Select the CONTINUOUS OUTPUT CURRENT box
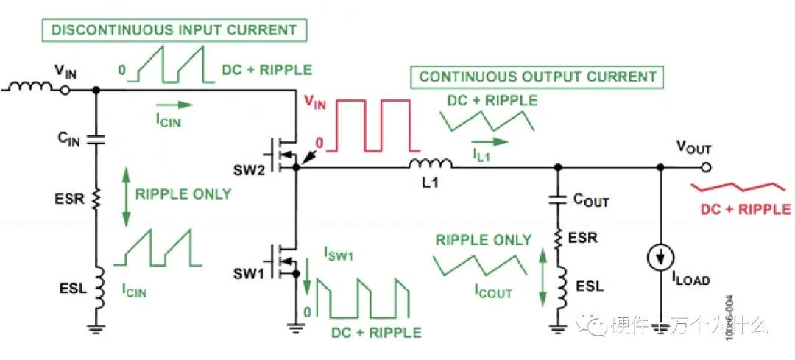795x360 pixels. click(x=537, y=77)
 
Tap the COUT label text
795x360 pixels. click(x=591, y=200)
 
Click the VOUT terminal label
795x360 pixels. click(x=693, y=149)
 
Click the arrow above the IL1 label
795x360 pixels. click(x=489, y=141)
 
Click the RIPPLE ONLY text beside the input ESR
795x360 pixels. click(x=183, y=194)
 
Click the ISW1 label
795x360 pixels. click(x=339, y=255)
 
